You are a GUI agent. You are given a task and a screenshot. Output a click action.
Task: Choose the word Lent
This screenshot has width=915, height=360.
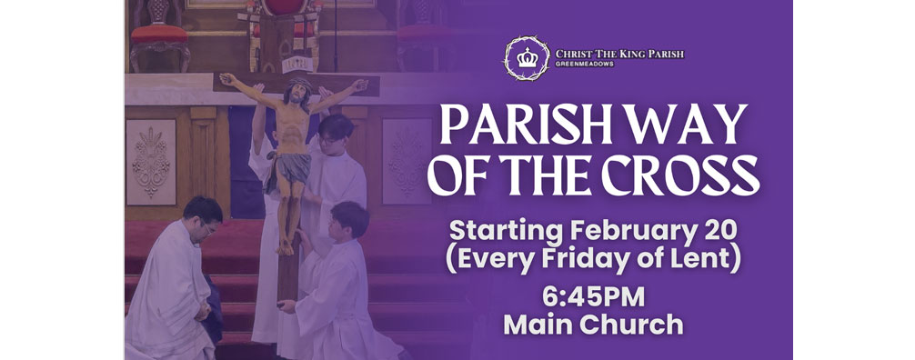point(708,257)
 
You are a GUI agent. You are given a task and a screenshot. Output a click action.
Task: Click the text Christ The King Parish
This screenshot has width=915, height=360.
point(619,54)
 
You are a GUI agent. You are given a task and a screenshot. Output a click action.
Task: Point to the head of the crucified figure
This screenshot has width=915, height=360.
point(296,90)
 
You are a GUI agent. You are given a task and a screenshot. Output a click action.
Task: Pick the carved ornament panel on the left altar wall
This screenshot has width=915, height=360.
point(151,160)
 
